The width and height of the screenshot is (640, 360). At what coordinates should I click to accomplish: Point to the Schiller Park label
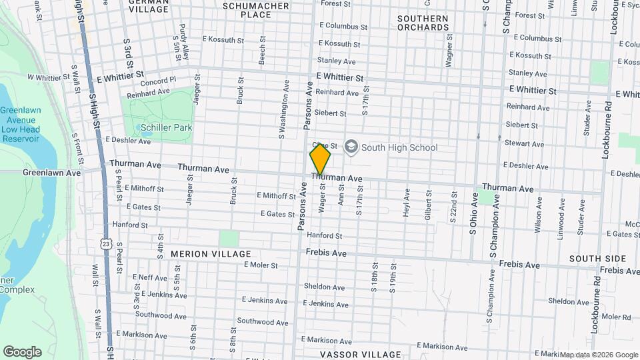tap(165, 127)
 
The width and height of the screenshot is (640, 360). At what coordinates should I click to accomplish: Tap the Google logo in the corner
tap(22, 352)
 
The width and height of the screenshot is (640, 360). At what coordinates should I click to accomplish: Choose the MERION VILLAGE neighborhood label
tap(211, 254)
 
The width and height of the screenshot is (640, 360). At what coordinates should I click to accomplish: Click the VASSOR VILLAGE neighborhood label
tap(361, 355)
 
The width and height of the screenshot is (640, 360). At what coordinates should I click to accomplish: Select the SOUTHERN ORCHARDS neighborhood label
tap(423, 23)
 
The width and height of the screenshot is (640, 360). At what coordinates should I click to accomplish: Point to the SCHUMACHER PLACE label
tap(256, 10)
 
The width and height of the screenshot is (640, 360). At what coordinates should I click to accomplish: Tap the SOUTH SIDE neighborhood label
tap(597, 258)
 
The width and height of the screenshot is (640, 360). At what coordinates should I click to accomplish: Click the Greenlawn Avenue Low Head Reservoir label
tap(20, 125)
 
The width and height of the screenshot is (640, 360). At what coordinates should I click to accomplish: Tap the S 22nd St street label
tap(453, 211)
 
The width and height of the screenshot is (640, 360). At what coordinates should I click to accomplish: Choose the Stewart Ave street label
tap(525, 143)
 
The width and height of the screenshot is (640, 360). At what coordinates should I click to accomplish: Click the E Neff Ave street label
tap(149, 277)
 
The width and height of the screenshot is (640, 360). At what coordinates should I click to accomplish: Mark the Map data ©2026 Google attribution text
tap(599, 355)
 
